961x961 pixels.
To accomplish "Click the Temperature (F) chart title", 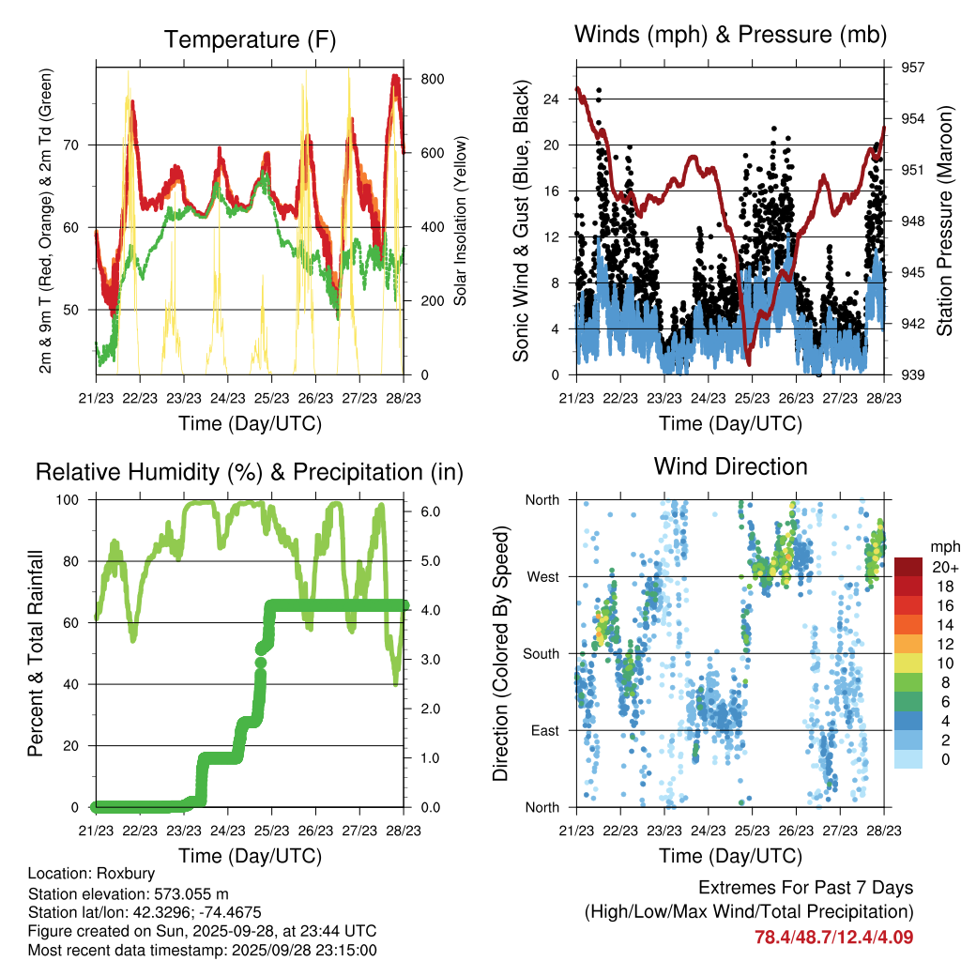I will click(x=250, y=39).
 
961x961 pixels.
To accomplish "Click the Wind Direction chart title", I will click(x=730, y=465).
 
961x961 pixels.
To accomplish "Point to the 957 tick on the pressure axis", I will click(x=913, y=68).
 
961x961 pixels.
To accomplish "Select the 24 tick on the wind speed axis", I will click(x=551, y=99).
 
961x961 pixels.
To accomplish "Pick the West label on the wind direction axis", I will click(x=542, y=576).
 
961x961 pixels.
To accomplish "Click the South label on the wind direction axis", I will click(x=541, y=653).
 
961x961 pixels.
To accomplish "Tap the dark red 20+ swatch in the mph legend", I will click(x=909, y=567).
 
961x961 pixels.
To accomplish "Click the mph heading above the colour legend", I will click(x=943, y=546).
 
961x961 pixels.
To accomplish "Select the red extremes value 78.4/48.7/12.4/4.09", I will click(x=833, y=937).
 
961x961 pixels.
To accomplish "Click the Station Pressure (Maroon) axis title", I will click(x=945, y=220).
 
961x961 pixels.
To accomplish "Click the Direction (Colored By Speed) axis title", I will click(x=500, y=653).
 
